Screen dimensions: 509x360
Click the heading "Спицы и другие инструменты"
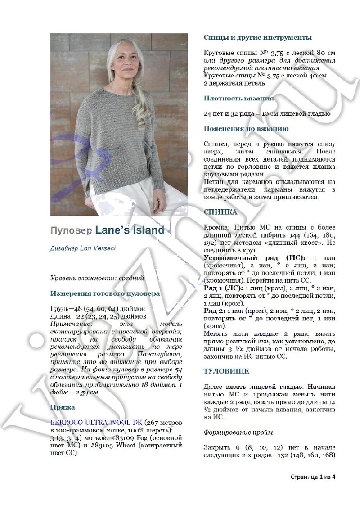pos(258,37)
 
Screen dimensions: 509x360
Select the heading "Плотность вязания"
pos(238,98)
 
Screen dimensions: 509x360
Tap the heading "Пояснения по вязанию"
pos(246,128)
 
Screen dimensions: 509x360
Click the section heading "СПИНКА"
pos(220,212)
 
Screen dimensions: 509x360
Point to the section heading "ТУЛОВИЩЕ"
pos(226,371)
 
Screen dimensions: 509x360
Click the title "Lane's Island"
pos(130,230)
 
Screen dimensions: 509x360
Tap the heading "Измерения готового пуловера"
pos(105,293)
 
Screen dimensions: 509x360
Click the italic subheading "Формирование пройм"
pos(238,432)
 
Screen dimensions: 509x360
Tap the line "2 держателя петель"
pos(234,83)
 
